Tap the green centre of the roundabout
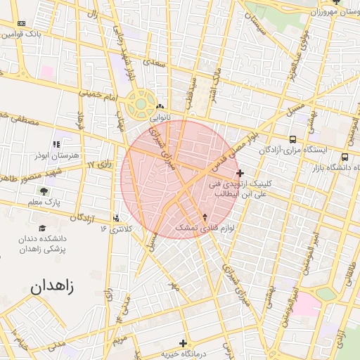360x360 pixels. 141,105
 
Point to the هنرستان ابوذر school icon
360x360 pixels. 58,143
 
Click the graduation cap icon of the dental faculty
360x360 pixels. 42,229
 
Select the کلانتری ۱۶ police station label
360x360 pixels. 115,229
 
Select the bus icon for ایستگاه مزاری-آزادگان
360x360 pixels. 293,139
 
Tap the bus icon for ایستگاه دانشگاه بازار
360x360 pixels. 345,157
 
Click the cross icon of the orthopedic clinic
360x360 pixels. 240,172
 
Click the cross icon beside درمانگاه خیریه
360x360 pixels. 184,344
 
